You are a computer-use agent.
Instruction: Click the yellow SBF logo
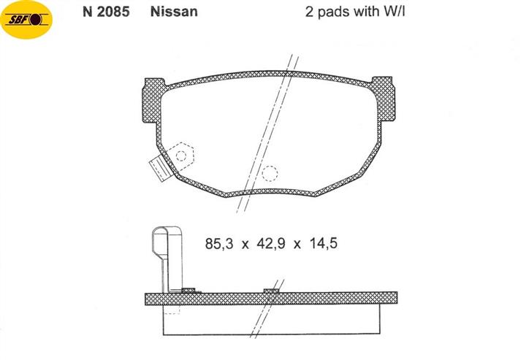26,20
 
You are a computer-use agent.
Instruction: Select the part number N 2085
106,12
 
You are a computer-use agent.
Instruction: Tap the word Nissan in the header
174,12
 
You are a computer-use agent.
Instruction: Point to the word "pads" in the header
333,12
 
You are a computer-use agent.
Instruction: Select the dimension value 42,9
271,243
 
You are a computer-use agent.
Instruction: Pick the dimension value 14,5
323,243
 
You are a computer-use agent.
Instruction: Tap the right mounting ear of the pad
384,99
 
